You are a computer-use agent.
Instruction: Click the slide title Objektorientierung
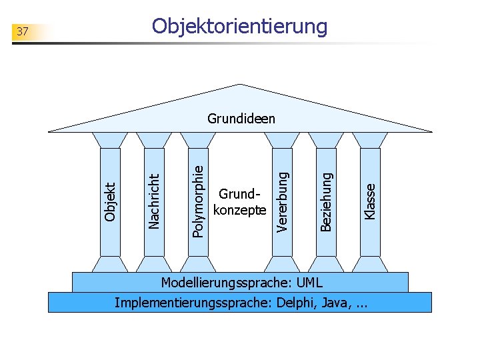click(x=240, y=27)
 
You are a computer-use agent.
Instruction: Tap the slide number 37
click(x=23, y=31)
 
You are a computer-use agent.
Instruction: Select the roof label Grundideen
click(x=241, y=119)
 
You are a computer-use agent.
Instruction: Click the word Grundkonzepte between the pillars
click(x=239, y=202)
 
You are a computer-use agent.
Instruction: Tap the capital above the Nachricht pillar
click(x=154, y=139)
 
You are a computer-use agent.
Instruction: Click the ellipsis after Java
click(x=362, y=305)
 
